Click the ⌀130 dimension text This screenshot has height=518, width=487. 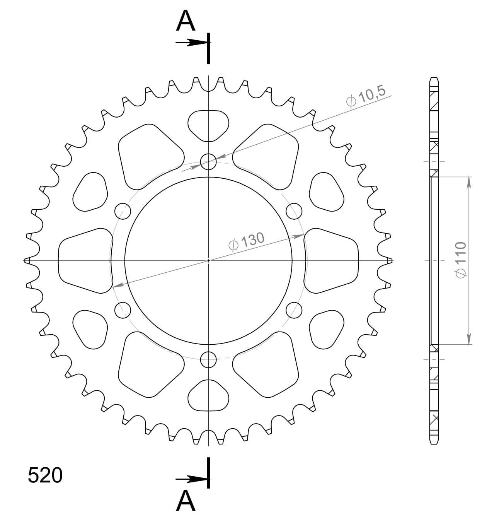pyautogui.click(x=246, y=241)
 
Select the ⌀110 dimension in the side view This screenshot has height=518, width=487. pyautogui.click(x=461, y=260)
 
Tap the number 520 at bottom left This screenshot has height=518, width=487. pyautogui.click(x=45, y=475)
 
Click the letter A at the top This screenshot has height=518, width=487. pyautogui.click(x=186, y=21)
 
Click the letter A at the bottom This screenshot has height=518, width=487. pyautogui.click(x=186, y=501)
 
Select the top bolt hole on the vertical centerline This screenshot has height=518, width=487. pyautogui.click(x=208, y=162)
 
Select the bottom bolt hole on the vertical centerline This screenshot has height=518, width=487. pyautogui.click(x=208, y=360)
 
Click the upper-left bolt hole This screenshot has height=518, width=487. pyautogui.click(x=123, y=211)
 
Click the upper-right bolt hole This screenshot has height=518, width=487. pyautogui.click(x=294, y=211)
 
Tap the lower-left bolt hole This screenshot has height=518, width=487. pyautogui.click(x=123, y=310)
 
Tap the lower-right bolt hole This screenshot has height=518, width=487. pyautogui.click(x=294, y=310)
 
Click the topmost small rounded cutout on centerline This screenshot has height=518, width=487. pyautogui.click(x=208, y=125)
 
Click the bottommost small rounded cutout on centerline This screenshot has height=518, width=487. pyautogui.click(x=208, y=396)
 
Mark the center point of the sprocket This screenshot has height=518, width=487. pyautogui.click(x=208, y=260)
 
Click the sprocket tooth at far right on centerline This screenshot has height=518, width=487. pyautogui.click(x=389, y=261)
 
